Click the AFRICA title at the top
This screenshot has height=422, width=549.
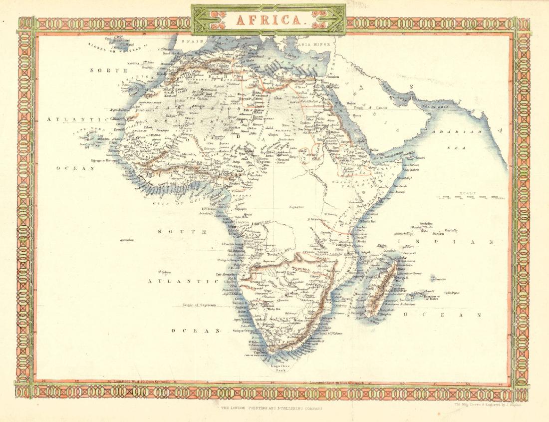click(x=268, y=20)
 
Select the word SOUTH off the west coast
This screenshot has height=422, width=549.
click(x=182, y=232)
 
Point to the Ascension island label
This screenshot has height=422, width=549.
click(x=128, y=240)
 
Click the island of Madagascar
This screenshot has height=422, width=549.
click(x=381, y=290)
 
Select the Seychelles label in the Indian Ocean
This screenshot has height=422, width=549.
click(x=416, y=223)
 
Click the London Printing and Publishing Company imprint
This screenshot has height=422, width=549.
click(x=273, y=408)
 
